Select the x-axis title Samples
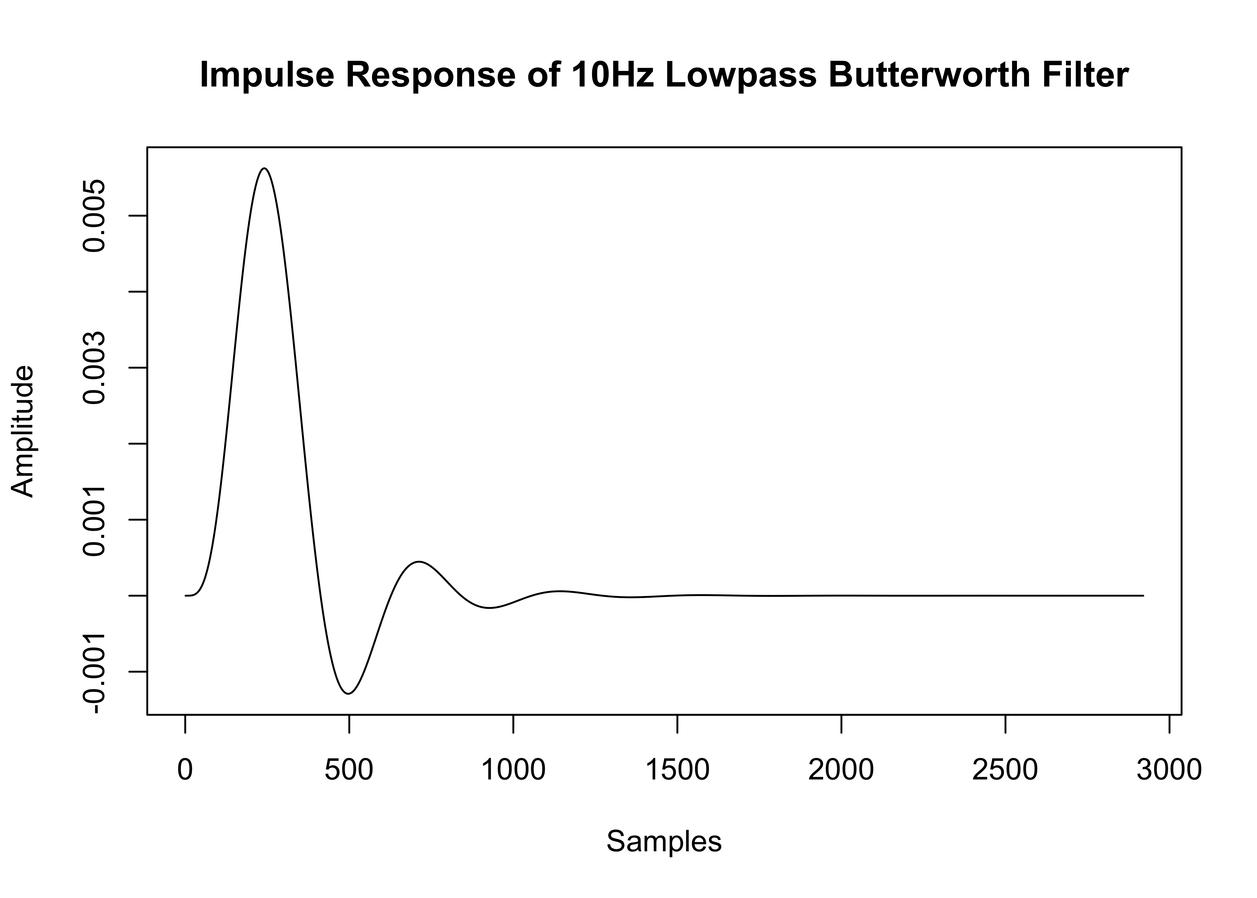pos(664,842)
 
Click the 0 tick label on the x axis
pos(185,770)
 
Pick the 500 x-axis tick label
pos(349,770)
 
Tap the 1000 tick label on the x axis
pos(514,770)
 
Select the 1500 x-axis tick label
pos(677,770)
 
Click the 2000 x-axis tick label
pos(841,770)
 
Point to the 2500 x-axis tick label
pos(1005,770)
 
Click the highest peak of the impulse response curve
pos(265,168)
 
